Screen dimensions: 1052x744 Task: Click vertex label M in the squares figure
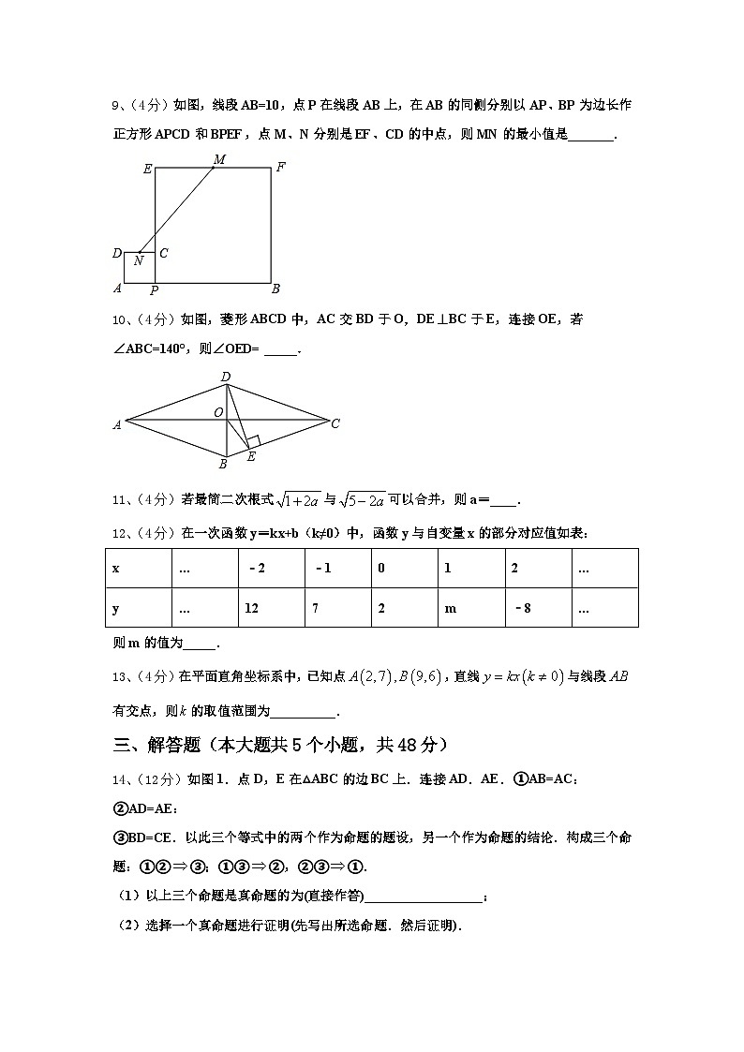[x=219, y=160]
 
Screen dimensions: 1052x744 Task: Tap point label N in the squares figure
[x=139, y=261]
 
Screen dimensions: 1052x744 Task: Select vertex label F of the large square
[x=280, y=168]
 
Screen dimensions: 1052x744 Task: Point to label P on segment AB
[x=154, y=290]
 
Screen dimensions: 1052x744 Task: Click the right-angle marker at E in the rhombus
[x=252, y=441]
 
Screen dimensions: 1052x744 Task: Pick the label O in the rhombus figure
[x=217, y=412]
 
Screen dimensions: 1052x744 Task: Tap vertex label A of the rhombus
[x=117, y=424]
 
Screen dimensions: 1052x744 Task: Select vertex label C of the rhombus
[x=335, y=423]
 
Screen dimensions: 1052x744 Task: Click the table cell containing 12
[x=271, y=608]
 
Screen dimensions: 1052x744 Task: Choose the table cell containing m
[x=470, y=608]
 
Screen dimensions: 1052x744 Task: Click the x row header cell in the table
[x=139, y=569]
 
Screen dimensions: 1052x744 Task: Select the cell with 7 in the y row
[x=337, y=608]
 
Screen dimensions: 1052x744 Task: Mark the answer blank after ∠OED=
[x=280, y=350]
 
